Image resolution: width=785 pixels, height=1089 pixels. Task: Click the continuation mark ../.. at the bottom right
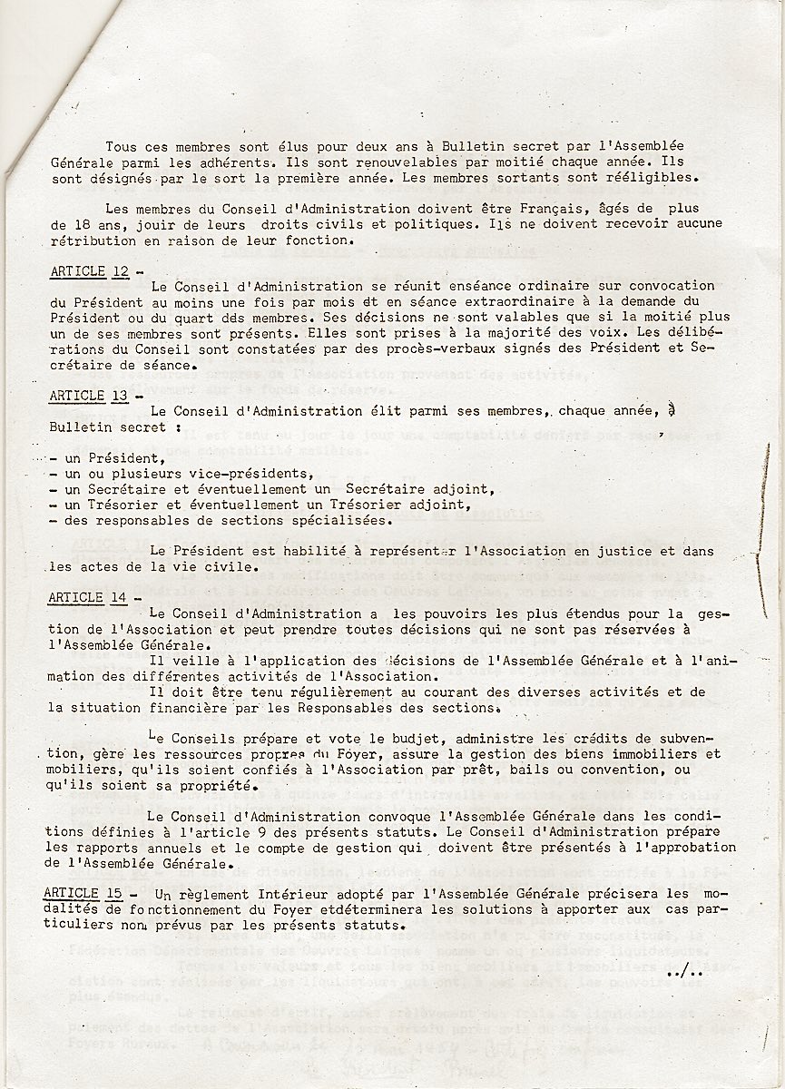685,972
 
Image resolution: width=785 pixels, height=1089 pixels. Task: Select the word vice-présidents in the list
251,474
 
